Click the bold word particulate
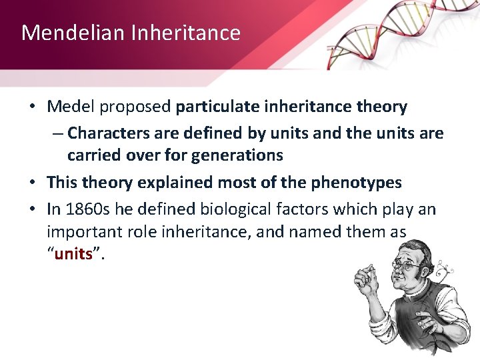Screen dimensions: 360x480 click(220, 107)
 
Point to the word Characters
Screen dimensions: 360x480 click(109, 133)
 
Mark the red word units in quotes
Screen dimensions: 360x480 click(73, 255)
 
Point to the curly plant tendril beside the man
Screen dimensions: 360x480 click(439, 270)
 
